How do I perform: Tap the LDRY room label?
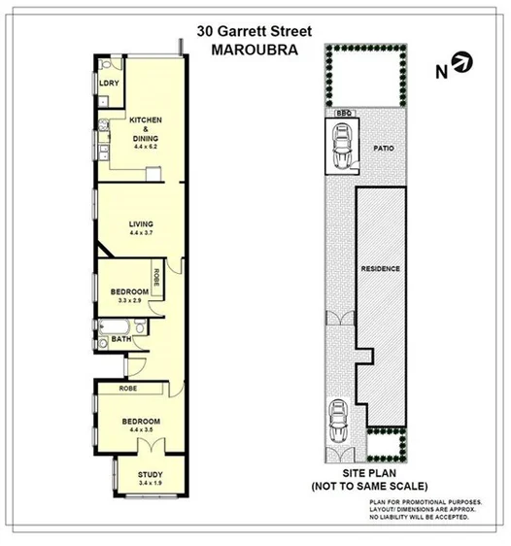click(109, 84)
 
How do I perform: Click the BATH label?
click(120, 339)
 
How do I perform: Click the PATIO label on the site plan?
click(382, 149)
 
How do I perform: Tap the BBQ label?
click(342, 113)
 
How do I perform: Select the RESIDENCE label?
click(381, 268)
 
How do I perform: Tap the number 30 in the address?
click(206, 30)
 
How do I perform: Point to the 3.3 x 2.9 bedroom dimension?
click(129, 301)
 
